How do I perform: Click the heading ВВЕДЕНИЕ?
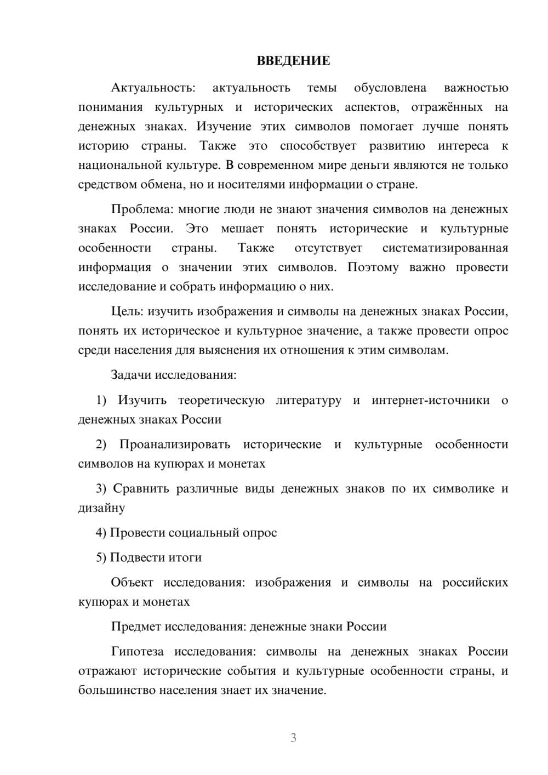tap(293, 61)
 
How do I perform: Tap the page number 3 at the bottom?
tap(293, 738)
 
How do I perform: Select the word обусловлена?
tap(390, 88)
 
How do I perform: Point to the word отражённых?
tap(447, 107)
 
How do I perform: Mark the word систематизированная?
tap(445, 248)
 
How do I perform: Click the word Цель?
tap(127, 311)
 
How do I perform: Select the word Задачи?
tap(131, 375)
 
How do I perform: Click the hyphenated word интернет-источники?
tap(431, 400)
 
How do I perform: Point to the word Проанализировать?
tap(175, 445)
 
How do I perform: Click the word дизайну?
tap(102, 508)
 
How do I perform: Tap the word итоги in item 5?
tap(186, 557)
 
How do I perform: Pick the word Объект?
tap(132, 583)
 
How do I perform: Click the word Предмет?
tap(136, 626)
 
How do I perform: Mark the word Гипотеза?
tap(138, 652)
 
